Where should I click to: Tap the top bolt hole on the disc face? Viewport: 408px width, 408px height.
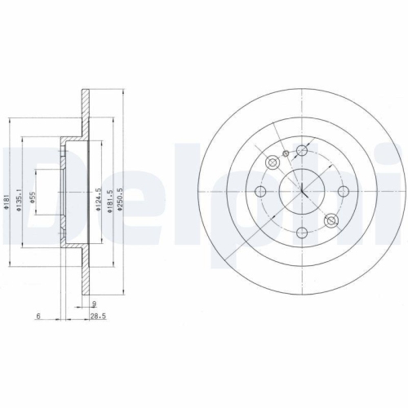tap(302, 150)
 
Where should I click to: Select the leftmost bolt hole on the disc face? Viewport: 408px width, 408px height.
tap(261, 193)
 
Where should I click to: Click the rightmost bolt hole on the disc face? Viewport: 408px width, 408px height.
tap(345, 193)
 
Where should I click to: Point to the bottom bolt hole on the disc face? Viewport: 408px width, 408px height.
tap(302, 235)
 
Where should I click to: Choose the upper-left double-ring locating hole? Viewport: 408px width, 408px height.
tap(272, 162)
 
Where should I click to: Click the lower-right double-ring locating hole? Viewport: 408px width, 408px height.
tap(331, 222)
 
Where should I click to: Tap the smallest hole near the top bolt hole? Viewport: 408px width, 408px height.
tap(285, 153)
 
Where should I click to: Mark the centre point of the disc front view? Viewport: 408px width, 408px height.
tap(302, 193)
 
